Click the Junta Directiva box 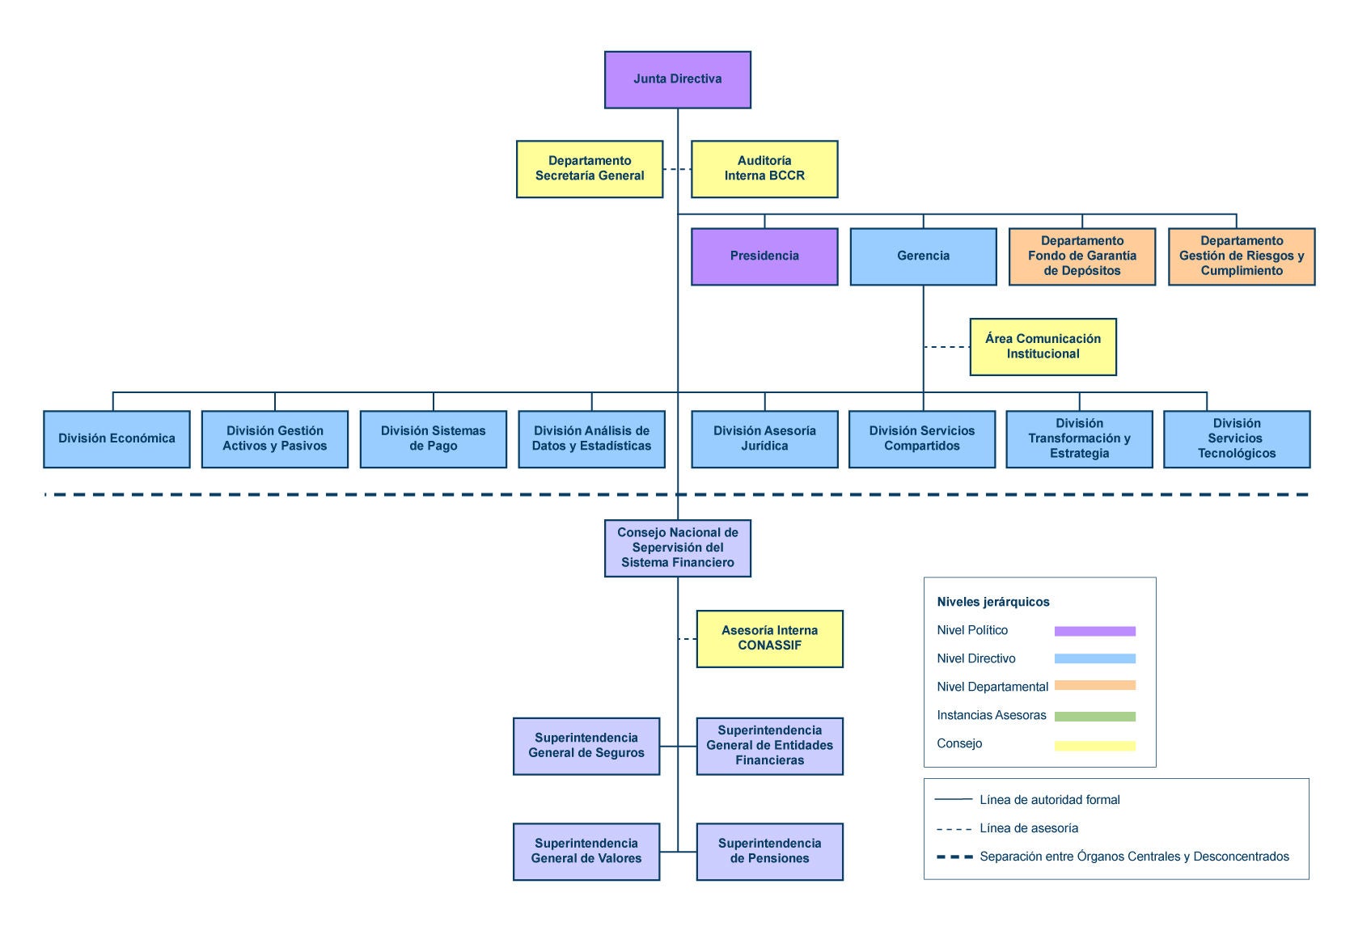[678, 80]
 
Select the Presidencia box [764, 256]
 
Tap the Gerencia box [923, 256]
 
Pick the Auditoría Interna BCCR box [764, 169]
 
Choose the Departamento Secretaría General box [590, 169]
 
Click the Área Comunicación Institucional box [1043, 347]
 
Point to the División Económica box [116, 439]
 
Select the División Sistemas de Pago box [434, 439]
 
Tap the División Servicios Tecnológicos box [1237, 439]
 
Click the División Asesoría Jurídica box [764, 439]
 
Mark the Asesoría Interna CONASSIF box [769, 639]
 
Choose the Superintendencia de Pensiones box [769, 852]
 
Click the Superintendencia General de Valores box [586, 852]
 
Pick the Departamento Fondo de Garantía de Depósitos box [1082, 256]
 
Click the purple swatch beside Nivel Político [1094, 631]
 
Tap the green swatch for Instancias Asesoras [1094, 717]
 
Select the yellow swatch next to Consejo [1094, 746]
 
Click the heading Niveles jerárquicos [993, 602]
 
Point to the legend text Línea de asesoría [1029, 828]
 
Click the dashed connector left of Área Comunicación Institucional [946, 347]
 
